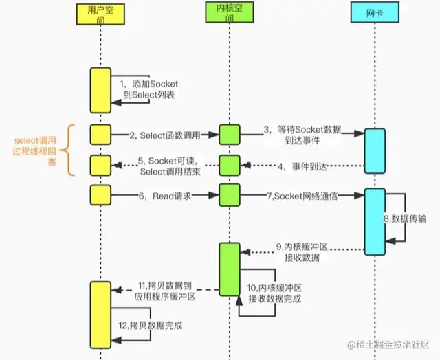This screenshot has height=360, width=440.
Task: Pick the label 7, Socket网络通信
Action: [x=302, y=196]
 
